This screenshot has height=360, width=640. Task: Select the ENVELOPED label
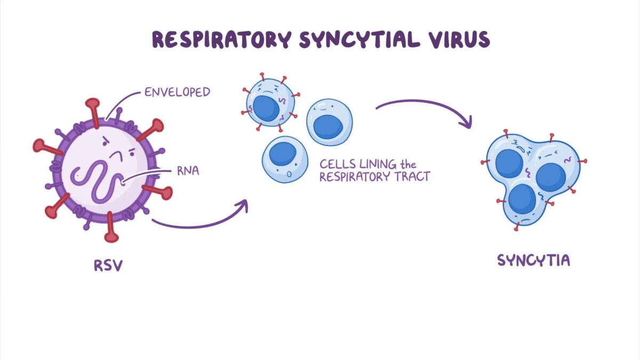(178, 92)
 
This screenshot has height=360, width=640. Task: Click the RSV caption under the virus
(108, 265)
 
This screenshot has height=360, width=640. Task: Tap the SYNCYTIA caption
(533, 260)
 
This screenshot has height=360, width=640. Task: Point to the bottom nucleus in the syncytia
(522, 199)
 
